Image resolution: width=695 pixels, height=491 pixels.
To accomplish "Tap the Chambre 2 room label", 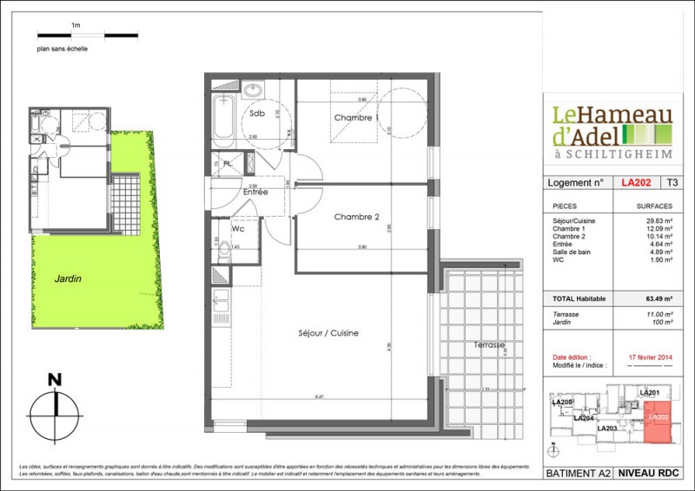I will (x=357, y=217).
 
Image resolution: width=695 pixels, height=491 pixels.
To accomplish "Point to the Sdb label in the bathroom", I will (x=257, y=114).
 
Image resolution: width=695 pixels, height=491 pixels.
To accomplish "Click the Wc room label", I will (x=236, y=230).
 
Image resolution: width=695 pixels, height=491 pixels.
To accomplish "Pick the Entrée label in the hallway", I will (x=255, y=192).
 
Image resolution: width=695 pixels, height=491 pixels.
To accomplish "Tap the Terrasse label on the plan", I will (x=489, y=344).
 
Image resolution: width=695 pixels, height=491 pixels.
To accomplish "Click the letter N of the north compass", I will (x=55, y=379).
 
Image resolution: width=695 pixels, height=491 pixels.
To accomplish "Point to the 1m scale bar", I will (x=87, y=36).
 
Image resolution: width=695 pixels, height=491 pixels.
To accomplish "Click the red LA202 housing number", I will (x=637, y=183).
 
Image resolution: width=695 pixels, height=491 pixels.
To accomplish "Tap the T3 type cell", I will (x=672, y=183).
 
